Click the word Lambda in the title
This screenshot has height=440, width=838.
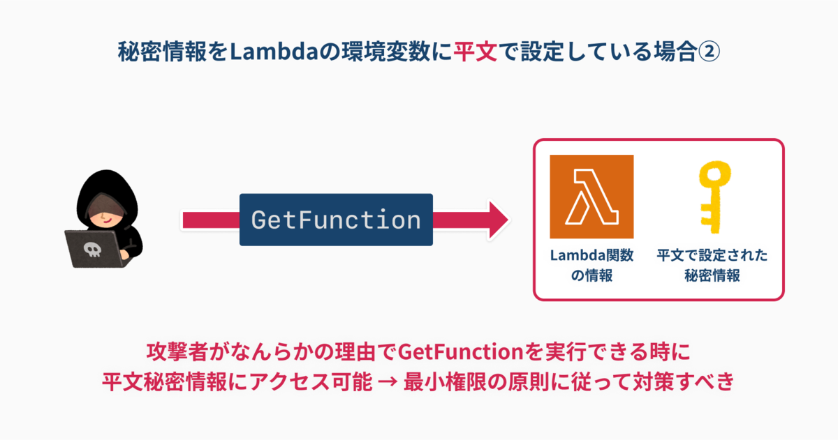pyautogui.click(x=274, y=51)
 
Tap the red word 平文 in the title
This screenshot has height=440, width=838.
pyautogui.click(x=475, y=51)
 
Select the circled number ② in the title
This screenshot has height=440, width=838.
pyautogui.click(x=709, y=52)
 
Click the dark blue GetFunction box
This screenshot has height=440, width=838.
pyautogui.click(x=336, y=220)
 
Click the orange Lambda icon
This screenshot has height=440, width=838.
pyautogui.click(x=591, y=197)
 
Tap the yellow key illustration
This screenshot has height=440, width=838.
pyautogui.click(x=714, y=197)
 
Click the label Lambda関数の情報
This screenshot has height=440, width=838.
pyautogui.click(x=591, y=265)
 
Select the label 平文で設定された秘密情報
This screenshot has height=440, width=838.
pyautogui.click(x=712, y=265)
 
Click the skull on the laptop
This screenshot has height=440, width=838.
pyautogui.click(x=92, y=250)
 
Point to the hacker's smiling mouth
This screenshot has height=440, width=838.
pyautogui.click(x=107, y=221)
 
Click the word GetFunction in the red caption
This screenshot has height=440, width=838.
pyautogui.click(x=460, y=351)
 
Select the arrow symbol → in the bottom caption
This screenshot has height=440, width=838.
pyautogui.click(x=388, y=381)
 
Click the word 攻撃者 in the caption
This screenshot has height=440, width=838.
pyautogui.click(x=177, y=351)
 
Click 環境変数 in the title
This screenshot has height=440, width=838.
pyautogui.click(x=385, y=51)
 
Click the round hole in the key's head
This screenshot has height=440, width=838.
pyautogui.click(x=715, y=174)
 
